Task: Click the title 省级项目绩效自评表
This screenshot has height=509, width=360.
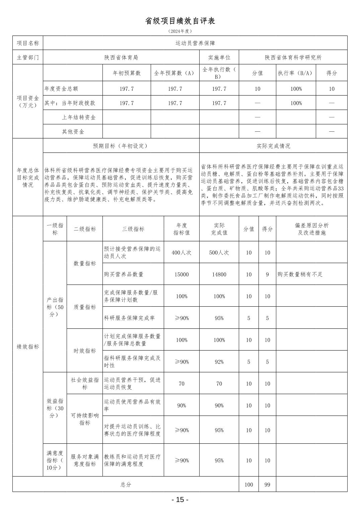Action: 180,21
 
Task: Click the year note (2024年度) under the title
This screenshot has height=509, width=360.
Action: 180,31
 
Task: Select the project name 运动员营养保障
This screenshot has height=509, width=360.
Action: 195,43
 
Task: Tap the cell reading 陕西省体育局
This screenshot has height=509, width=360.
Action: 121,58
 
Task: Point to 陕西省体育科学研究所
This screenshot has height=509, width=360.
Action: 293,58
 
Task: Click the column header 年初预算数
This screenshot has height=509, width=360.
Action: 127,73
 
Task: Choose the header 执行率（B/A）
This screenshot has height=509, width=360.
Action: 296,73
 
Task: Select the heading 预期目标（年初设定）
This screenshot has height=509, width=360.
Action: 121,146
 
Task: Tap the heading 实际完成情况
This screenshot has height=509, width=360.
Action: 273,146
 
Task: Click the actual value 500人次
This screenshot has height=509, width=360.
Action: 219,253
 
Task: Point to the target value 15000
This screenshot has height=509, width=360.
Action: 182,274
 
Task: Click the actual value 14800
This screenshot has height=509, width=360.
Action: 219,274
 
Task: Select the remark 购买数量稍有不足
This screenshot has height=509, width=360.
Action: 300,274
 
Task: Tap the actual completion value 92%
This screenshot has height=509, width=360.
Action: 219,362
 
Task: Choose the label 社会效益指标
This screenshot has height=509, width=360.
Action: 85,384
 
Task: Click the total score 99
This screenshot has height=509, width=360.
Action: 267,485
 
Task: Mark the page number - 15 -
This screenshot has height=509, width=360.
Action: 180,500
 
